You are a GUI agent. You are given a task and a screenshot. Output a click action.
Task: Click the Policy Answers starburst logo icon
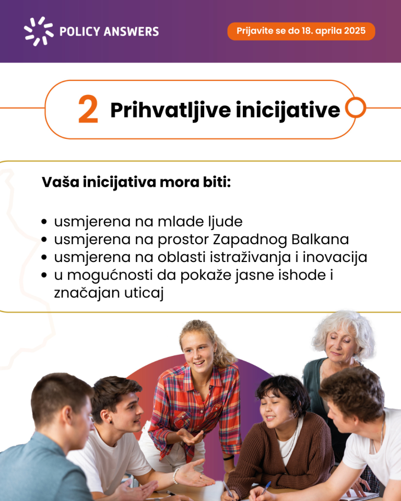pos(39,31)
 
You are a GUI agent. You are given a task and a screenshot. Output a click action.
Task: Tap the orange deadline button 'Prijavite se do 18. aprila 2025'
pos(301,31)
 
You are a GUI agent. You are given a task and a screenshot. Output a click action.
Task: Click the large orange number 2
pos(88,109)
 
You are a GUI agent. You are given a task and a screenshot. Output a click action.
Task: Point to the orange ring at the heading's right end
pos(355,108)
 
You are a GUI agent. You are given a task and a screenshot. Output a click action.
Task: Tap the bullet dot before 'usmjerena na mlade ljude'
pos(44,222)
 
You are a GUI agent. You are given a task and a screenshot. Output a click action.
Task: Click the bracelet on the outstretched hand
pos(175,476)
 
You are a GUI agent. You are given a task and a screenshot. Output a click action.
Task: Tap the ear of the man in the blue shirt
pos(68,421)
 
